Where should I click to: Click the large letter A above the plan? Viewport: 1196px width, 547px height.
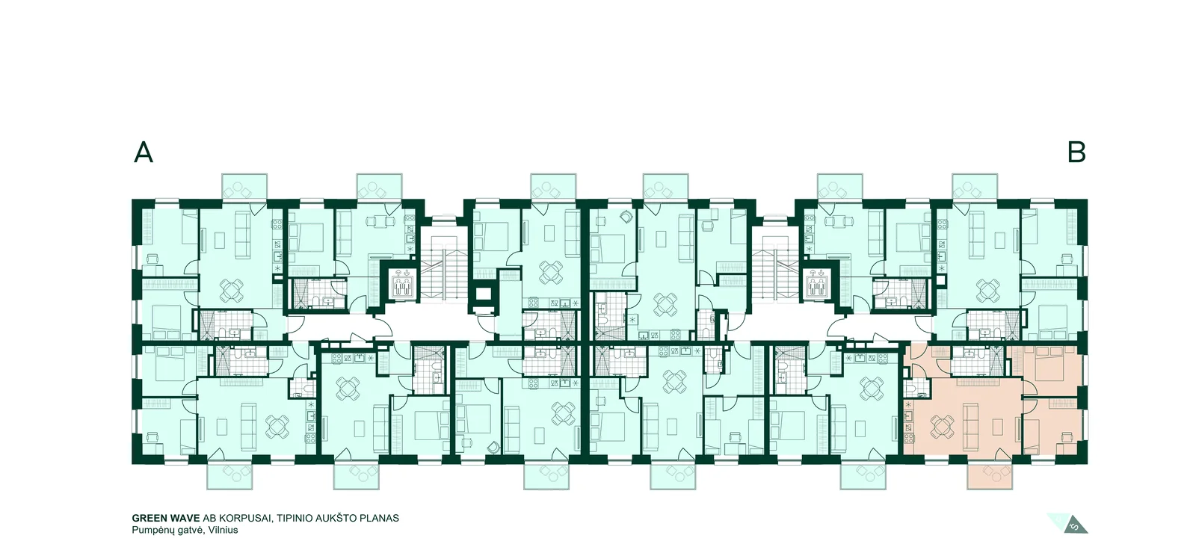coord(143,152)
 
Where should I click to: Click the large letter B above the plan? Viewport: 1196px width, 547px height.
coord(1076,152)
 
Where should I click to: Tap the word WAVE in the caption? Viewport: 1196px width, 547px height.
coord(186,518)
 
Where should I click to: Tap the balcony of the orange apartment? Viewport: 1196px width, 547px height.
coord(990,477)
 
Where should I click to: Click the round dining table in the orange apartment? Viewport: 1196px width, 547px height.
coord(942,426)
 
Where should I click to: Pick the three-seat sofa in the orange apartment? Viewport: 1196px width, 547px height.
coord(971,427)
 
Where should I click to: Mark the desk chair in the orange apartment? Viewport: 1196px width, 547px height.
coord(1066,438)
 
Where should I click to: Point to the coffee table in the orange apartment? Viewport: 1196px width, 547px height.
coord(999,427)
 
